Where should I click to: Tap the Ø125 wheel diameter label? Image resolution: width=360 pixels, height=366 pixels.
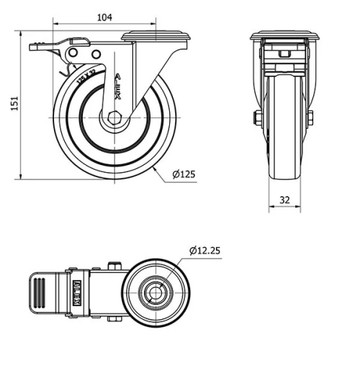[185, 174]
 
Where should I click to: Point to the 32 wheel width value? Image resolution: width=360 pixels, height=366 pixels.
[285, 200]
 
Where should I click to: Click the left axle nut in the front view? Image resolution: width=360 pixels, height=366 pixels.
[256, 117]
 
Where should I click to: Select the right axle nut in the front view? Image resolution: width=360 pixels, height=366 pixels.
[310, 117]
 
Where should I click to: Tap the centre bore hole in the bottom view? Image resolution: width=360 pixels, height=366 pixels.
[153, 293]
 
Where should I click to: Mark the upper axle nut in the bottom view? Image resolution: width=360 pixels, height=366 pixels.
[113, 266]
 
